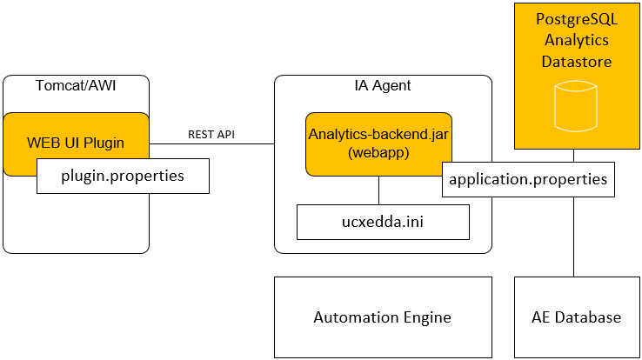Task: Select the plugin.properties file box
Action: click(122, 177)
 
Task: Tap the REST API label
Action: click(211, 135)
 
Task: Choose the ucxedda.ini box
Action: click(383, 222)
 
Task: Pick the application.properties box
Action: click(528, 180)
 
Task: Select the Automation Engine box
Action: click(383, 317)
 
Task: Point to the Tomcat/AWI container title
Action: click(76, 85)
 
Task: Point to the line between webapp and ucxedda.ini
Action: click(378, 190)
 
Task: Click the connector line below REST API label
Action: click(211, 144)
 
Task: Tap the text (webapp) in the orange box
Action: click(378, 153)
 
